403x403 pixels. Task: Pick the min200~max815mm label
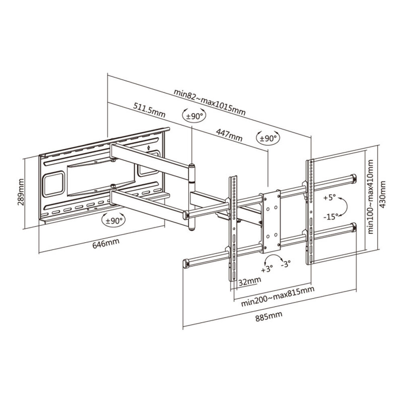pyautogui.click(x=277, y=297)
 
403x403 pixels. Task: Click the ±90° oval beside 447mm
pyautogui.click(x=268, y=138)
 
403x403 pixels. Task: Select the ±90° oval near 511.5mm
pyautogui.click(x=194, y=116)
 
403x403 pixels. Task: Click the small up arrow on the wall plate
pyautogui.click(x=149, y=148)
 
